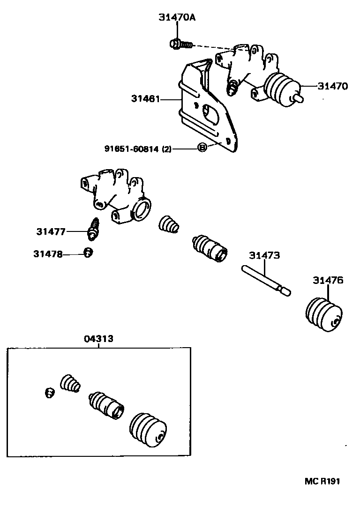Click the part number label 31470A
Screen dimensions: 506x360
176,17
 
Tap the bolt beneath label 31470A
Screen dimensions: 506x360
180,44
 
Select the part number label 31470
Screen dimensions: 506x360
333,86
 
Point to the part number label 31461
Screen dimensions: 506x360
146,99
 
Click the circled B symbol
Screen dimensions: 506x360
202,148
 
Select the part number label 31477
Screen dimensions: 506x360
51,231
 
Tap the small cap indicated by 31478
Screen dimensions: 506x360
88,253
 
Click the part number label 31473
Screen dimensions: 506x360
264,255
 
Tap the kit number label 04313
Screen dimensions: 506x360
98,339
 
